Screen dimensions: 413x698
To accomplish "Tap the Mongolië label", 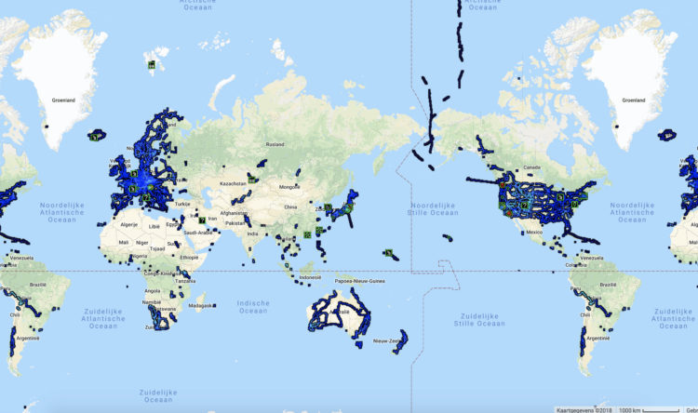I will tap(290, 187).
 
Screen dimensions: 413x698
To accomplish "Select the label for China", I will tap(291, 206).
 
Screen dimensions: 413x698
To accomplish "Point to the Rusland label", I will tap(275, 144).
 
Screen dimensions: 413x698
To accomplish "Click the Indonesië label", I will tap(311, 277).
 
